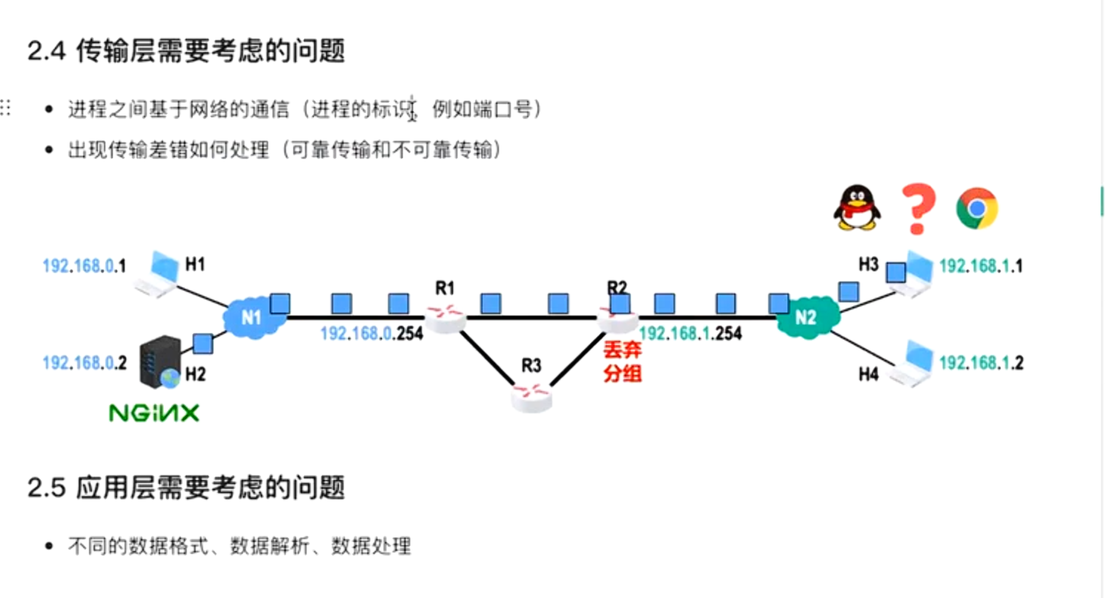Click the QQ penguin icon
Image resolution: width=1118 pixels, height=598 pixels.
[856, 207]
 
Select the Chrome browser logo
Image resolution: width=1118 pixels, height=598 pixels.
[977, 208]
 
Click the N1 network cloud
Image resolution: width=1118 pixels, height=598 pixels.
[252, 318]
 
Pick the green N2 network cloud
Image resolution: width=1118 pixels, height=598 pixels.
[807, 318]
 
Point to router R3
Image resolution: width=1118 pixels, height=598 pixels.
[531, 396]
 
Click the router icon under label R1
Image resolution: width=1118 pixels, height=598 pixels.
[445, 318]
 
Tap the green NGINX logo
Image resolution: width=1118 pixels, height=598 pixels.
[154, 413]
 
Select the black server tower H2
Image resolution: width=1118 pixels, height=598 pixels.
[160, 361]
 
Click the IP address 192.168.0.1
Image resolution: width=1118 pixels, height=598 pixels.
[84, 266]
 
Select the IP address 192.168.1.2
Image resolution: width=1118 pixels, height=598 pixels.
[981, 363]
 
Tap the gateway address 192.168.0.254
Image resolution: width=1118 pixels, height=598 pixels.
[372, 334]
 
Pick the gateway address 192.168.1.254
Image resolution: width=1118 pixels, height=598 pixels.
[690, 334]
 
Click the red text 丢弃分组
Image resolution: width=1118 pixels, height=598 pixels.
[622, 362]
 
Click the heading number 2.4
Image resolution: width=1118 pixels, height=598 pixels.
[46, 51]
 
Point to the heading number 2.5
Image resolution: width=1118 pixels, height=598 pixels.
[46, 488]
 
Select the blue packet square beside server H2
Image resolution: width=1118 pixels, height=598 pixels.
[203, 343]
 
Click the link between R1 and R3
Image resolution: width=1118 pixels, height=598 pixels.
[486, 357]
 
